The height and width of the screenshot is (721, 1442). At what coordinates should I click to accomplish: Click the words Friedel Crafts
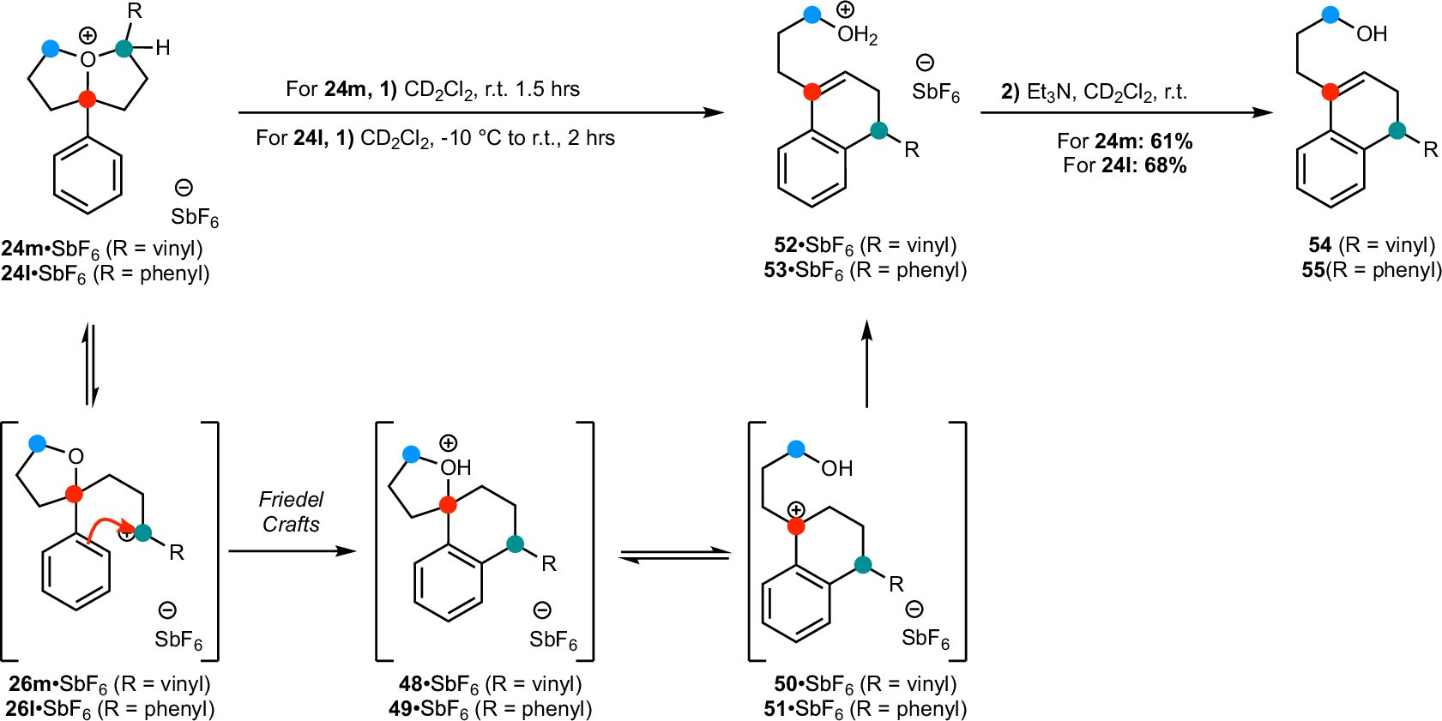coord(292,512)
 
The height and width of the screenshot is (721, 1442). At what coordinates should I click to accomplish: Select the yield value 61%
coord(1171,141)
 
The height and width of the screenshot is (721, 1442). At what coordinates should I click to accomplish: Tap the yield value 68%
coord(1165,165)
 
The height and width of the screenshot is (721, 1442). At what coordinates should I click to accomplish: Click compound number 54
coord(1319,245)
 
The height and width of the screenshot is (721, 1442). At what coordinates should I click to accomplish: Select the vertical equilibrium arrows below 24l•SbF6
coord(90,364)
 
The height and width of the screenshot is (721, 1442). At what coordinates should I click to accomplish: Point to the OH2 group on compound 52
coord(857,35)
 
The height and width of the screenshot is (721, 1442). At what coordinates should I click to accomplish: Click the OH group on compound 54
coord(1372,34)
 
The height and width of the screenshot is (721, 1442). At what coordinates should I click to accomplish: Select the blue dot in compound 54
coord(1330,15)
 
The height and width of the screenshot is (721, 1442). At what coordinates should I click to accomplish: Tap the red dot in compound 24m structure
coord(87,99)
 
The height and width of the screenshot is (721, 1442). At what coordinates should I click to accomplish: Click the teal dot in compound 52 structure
coord(878,131)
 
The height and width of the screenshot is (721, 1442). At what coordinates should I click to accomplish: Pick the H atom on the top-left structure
coord(163,48)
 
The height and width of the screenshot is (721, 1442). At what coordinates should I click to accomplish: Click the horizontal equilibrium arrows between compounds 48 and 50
coord(673,556)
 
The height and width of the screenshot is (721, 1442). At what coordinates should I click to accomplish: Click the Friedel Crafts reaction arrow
coord(292,550)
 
